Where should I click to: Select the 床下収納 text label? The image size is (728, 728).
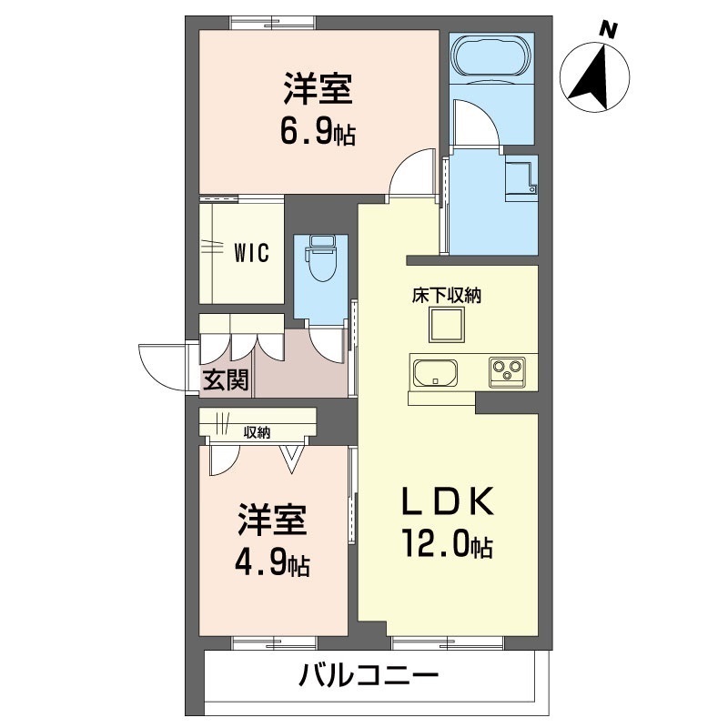446,295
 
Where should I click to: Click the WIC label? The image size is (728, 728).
250,254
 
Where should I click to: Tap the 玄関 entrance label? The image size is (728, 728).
225,379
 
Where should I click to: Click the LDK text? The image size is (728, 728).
449,501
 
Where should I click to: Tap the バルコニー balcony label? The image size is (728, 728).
369,676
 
